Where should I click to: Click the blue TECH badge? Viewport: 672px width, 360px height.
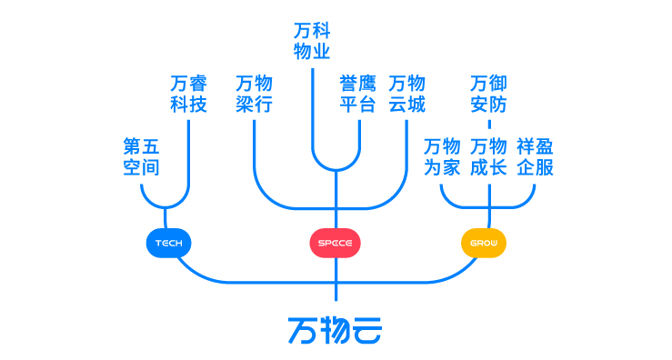point(168,244)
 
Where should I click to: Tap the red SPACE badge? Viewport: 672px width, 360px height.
point(336,244)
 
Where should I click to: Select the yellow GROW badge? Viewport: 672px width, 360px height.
point(484,244)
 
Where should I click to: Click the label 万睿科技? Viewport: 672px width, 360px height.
point(189,94)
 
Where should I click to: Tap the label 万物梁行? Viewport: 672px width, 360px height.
point(254,94)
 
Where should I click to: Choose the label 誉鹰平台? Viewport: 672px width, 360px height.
point(357,94)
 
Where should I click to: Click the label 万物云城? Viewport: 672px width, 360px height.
point(406,94)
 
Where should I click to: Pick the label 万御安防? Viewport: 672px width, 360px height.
point(489,94)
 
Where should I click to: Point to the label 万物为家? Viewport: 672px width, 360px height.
point(442,156)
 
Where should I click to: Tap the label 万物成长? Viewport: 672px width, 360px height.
point(489,156)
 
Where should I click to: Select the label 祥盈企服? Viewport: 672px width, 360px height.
point(535,156)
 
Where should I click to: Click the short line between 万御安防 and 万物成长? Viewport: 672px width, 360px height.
point(489,125)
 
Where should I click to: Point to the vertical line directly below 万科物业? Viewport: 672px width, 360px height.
point(312,109)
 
